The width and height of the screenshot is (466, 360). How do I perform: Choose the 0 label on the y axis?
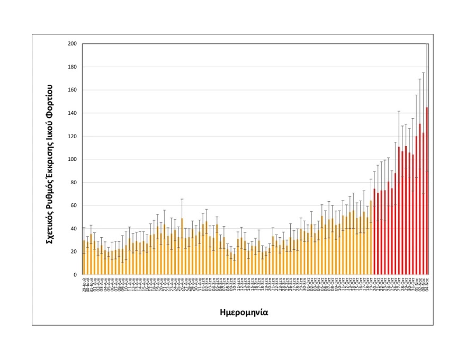point(75,275)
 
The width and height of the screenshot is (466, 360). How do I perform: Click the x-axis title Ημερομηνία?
point(244,312)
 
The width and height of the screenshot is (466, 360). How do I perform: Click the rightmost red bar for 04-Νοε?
point(427,191)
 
